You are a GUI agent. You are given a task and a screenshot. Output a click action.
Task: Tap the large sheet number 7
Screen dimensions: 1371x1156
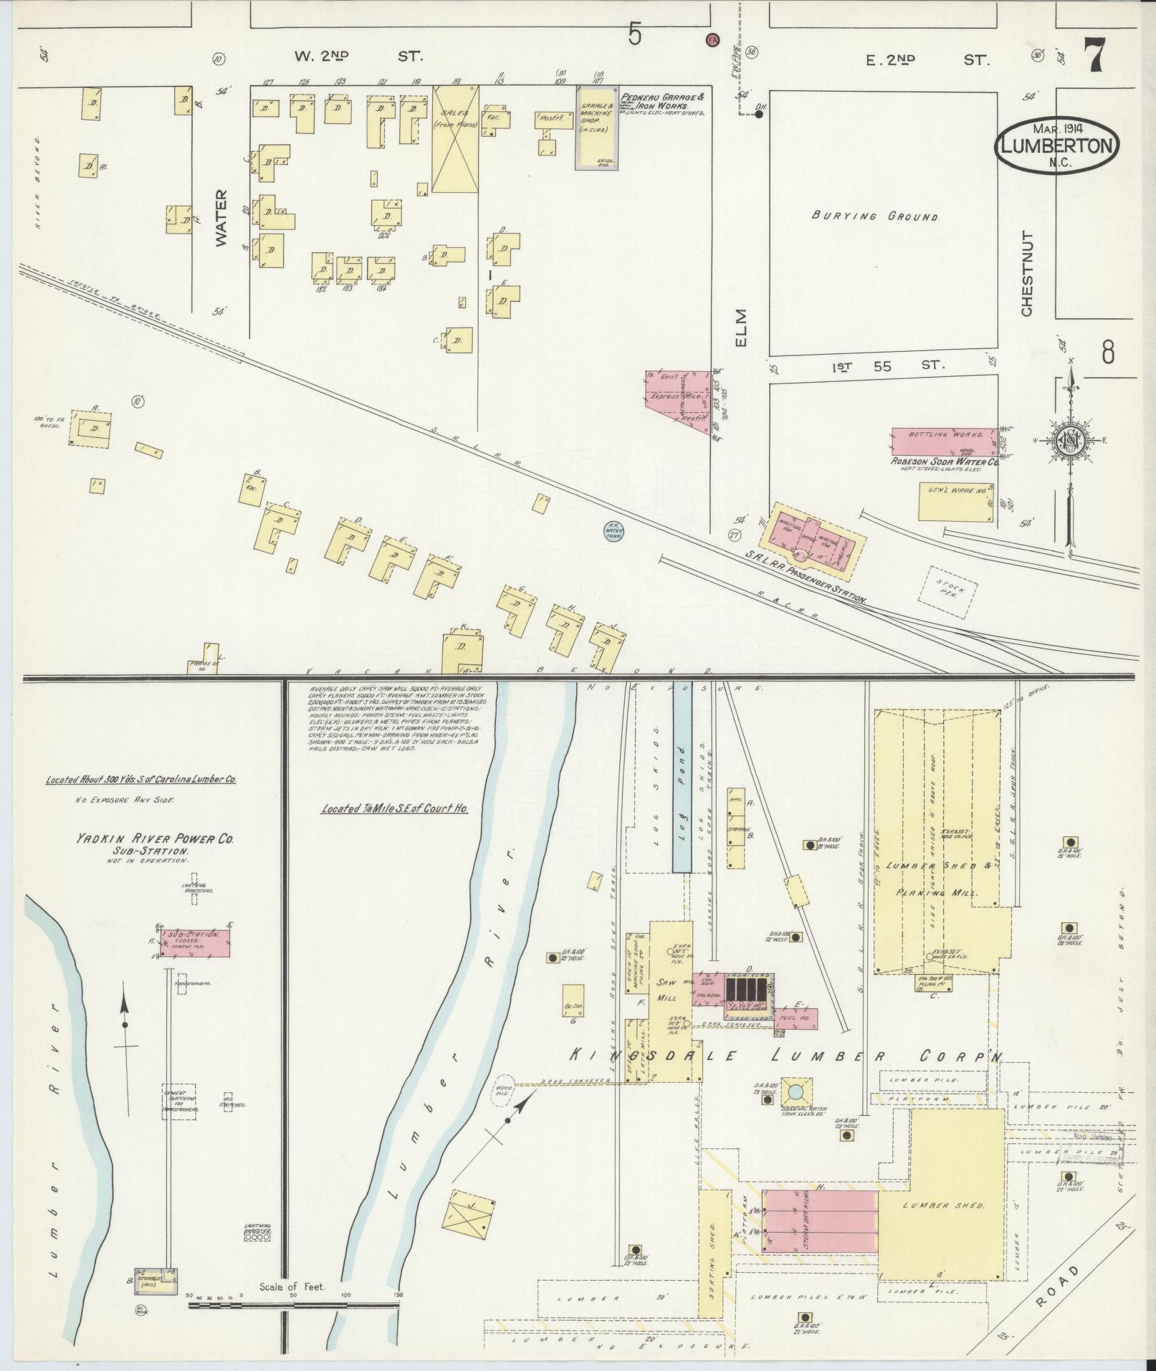(x=1092, y=55)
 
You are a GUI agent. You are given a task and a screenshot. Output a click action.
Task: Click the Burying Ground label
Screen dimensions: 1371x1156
(x=875, y=216)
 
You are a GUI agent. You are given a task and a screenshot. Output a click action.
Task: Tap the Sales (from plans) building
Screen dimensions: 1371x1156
(x=454, y=139)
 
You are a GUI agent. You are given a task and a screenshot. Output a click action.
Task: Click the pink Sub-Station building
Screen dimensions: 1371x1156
(x=198, y=942)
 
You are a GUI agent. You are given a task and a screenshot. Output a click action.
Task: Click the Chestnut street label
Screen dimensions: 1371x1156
(x=1027, y=273)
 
